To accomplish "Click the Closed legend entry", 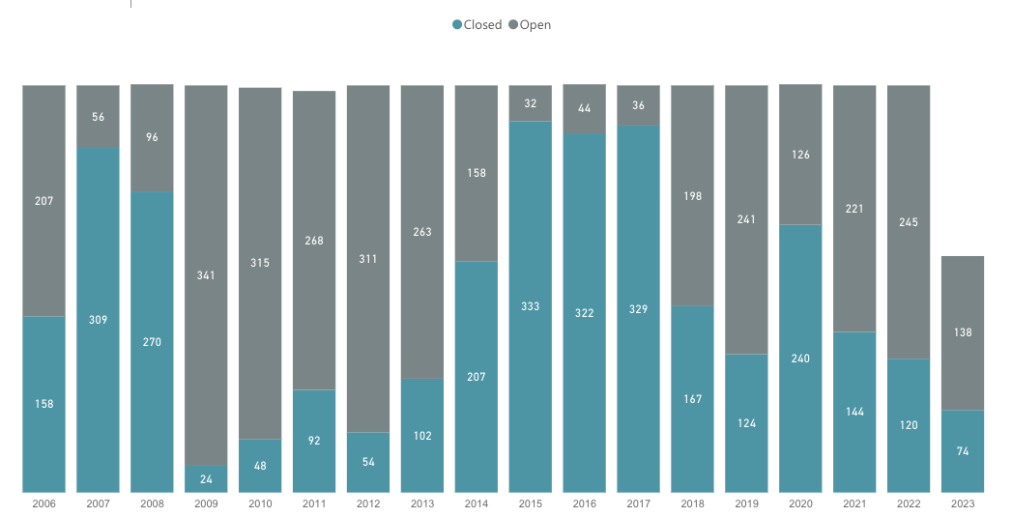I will coord(477,25).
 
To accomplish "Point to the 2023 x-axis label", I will coord(963,503).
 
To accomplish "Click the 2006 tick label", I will coord(43,503).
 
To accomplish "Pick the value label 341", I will coord(206,275).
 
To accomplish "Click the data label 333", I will coord(531,306).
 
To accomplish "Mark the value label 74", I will coord(963,451).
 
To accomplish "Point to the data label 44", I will coord(585,109).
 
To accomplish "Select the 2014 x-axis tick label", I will coord(477,503).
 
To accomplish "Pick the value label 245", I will coord(909,222).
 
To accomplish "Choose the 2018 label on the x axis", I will coord(693,503).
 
